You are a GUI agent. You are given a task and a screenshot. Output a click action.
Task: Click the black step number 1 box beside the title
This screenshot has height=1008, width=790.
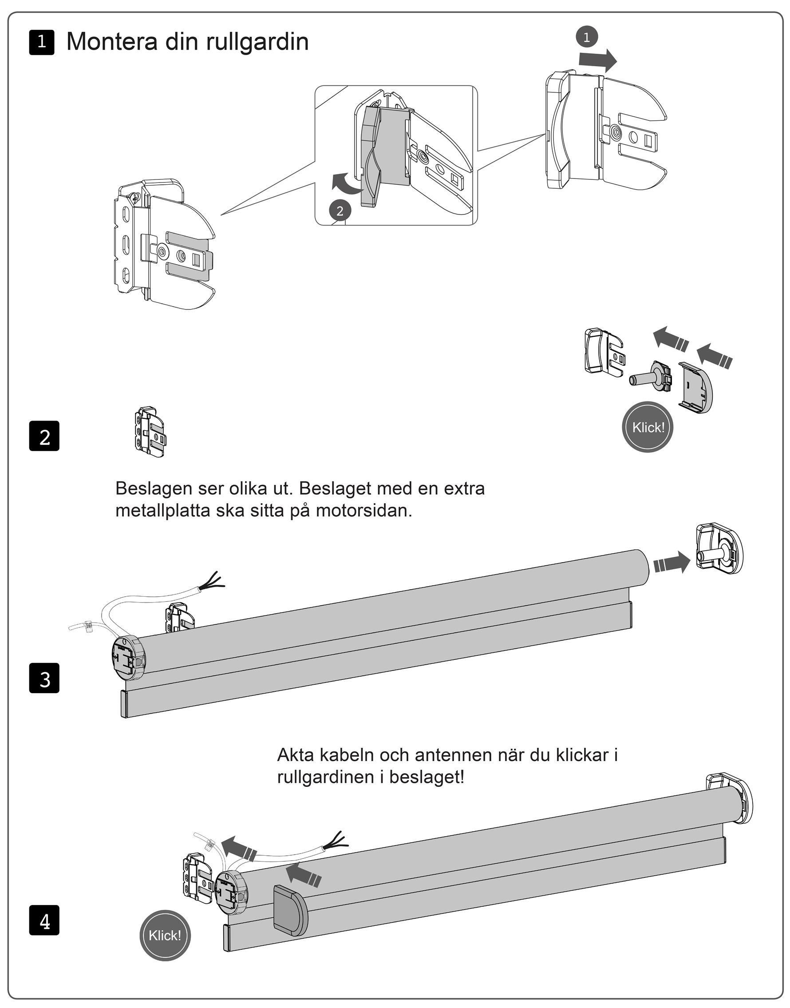click(42, 42)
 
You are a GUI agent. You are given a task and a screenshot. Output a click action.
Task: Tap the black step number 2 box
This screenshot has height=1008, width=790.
click(44, 436)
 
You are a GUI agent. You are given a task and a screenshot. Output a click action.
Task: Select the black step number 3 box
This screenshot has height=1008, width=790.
click(44, 678)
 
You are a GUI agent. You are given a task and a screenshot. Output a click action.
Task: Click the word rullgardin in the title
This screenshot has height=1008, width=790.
click(257, 42)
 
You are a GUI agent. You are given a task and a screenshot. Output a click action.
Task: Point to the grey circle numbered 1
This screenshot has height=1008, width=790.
click(587, 37)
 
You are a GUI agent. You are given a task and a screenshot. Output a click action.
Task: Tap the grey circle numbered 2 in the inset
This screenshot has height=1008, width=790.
click(340, 211)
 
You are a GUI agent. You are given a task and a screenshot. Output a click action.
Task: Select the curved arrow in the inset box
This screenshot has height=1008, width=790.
click(347, 184)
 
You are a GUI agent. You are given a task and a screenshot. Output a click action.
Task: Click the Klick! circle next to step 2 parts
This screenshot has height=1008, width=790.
click(648, 427)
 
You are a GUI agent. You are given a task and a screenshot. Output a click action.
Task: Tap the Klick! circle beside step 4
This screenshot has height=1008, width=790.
click(165, 935)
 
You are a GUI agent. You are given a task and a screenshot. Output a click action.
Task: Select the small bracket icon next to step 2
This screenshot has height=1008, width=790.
click(150, 432)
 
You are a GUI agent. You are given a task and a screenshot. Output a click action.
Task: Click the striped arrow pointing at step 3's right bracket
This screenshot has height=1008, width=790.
click(672, 562)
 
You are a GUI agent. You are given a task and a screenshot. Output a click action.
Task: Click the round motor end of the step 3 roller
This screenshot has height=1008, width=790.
click(129, 657)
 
